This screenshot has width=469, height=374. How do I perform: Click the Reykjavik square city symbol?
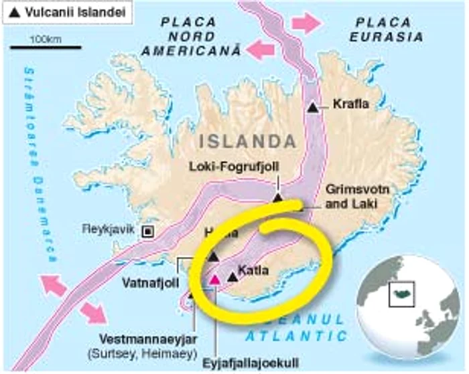pyautogui.click(x=147, y=231)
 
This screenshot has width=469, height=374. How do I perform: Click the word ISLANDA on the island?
pyautogui.click(x=247, y=142)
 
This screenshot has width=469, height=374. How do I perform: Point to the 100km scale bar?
pyautogui.click(x=46, y=48)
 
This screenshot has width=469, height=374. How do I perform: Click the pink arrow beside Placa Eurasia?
pyautogui.click(x=304, y=23)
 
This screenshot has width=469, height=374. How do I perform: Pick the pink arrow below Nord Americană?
pyautogui.click(x=261, y=49)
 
